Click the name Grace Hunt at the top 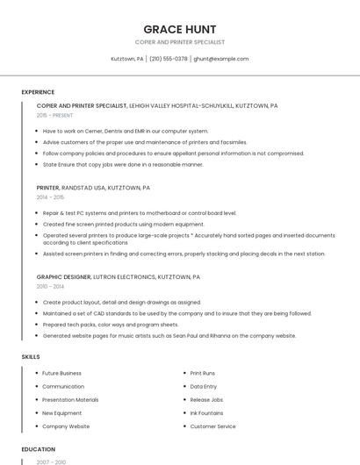(179, 29)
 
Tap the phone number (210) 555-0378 (169, 59)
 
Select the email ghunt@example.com (221, 59)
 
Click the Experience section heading (38, 92)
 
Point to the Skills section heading (30, 357)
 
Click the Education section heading (38, 449)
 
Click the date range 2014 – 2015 (49, 197)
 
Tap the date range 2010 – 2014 (49, 286)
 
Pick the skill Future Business (61, 373)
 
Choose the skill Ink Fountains (206, 412)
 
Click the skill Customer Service (212, 426)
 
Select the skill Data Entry (203, 386)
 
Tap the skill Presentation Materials (70, 399)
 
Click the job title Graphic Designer (63, 276)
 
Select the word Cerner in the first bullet (93, 131)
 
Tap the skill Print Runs (203, 373)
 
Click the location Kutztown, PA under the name (127, 59)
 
